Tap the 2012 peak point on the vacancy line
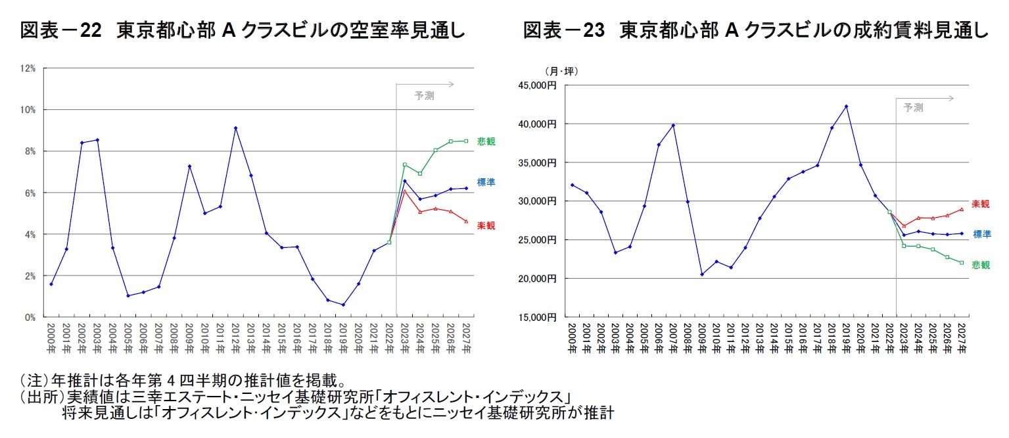point(235,128)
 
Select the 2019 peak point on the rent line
point(846,106)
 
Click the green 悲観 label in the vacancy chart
point(486,141)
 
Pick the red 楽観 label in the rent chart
point(980,204)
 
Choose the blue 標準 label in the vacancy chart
point(486,182)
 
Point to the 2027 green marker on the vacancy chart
point(466,141)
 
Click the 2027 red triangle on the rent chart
point(961,210)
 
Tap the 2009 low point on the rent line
point(701,274)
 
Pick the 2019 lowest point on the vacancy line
point(342,304)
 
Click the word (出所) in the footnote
point(38,399)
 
